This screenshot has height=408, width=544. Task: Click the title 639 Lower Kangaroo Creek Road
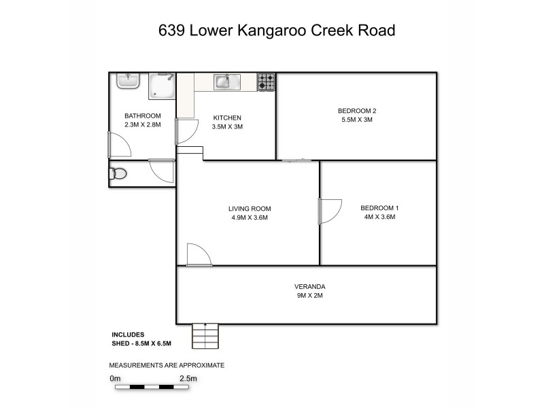(x=272, y=31)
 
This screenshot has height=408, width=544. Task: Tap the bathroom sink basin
(x=127, y=80)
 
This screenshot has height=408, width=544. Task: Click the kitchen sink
(x=224, y=82)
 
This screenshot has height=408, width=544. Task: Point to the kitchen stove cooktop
(x=266, y=82)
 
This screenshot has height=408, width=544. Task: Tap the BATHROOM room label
(x=142, y=116)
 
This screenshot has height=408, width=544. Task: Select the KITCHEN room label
(x=227, y=118)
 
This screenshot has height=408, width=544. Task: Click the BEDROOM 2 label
(x=357, y=111)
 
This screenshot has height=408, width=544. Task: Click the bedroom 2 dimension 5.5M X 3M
(x=357, y=120)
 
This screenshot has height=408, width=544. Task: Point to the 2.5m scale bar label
(x=188, y=378)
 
